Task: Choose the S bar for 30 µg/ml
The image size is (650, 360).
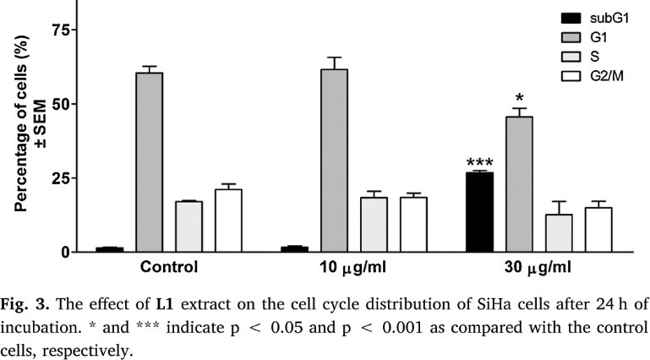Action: click(x=559, y=233)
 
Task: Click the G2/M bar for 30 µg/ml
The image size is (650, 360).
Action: click(x=598, y=230)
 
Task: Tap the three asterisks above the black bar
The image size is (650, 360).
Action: click(x=479, y=162)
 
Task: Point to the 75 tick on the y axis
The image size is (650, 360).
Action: click(x=57, y=30)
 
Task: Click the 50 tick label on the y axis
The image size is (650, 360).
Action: click(x=57, y=104)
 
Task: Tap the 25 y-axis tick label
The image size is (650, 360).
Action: click(x=57, y=178)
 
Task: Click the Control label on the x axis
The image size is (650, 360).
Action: click(x=169, y=268)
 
